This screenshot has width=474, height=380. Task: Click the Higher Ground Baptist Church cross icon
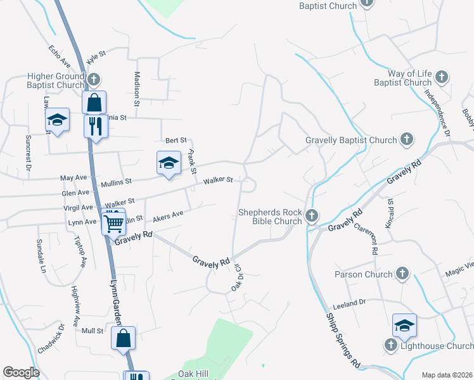point(94,80)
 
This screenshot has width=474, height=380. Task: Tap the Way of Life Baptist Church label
point(402,79)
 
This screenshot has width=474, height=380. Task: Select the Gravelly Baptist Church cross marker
point(407,139)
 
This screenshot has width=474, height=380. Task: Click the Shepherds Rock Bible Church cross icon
point(311,217)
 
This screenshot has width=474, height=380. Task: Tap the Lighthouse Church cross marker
point(391,346)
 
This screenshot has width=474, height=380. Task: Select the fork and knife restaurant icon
point(96,126)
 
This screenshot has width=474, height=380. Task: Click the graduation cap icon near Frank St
point(169,162)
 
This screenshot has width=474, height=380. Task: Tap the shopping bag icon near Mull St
point(124,338)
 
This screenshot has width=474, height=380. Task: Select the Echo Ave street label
point(58,55)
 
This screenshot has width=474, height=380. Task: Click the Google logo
point(21,372)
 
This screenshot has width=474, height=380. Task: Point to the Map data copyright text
point(447,375)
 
